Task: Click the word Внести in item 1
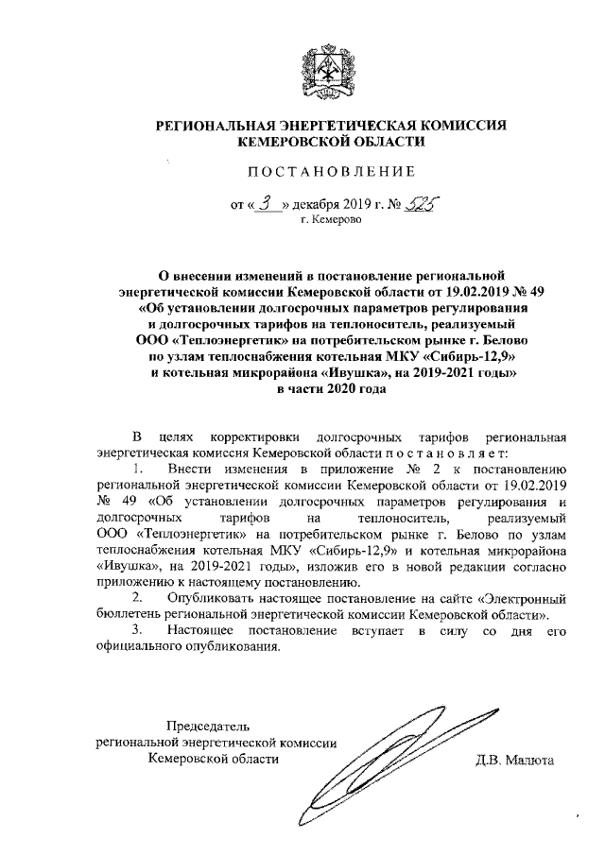(188, 469)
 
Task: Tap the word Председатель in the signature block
(209, 726)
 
